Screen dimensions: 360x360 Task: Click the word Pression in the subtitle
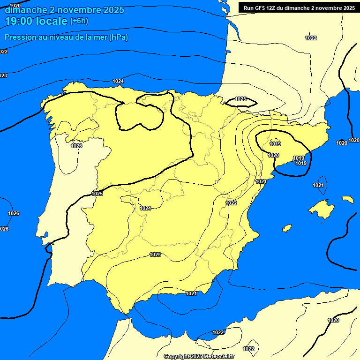coord(19,37)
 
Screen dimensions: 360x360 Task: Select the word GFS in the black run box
coord(263,7)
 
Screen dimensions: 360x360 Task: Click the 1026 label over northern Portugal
coord(76,146)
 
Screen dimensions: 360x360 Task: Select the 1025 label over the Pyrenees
coord(240,99)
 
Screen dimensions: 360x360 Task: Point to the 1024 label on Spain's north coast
coord(118,81)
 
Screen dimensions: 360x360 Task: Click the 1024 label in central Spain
coord(145,208)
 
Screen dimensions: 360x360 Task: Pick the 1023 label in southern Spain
coord(155,255)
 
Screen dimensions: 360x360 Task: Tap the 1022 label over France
coord(310,38)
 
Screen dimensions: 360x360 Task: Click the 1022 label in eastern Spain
coord(231,203)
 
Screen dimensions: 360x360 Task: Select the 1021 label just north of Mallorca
coord(318,185)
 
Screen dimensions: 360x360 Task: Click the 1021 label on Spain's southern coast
coord(191,293)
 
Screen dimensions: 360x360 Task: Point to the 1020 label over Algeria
coord(333,320)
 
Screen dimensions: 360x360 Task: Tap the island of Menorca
coord(347,199)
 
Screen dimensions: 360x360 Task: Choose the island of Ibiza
coord(286,228)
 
